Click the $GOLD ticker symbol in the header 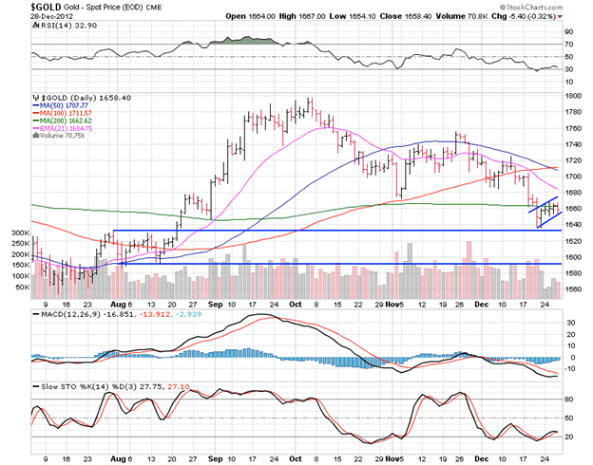click(20, 7)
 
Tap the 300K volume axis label click(18, 232)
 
